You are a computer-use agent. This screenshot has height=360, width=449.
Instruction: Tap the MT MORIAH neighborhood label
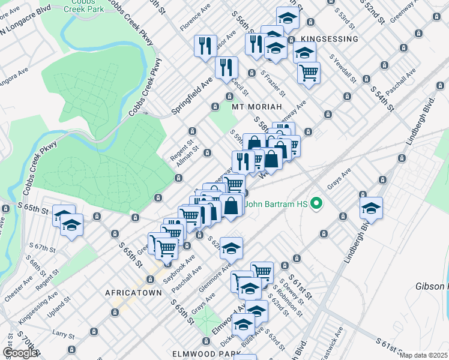256,106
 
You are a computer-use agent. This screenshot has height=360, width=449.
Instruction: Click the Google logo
20,353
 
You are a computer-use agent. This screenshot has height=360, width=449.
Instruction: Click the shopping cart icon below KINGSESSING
309,73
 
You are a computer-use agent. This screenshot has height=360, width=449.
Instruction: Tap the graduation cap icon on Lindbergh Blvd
371,208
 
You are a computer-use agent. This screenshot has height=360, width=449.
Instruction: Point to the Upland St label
67,309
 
